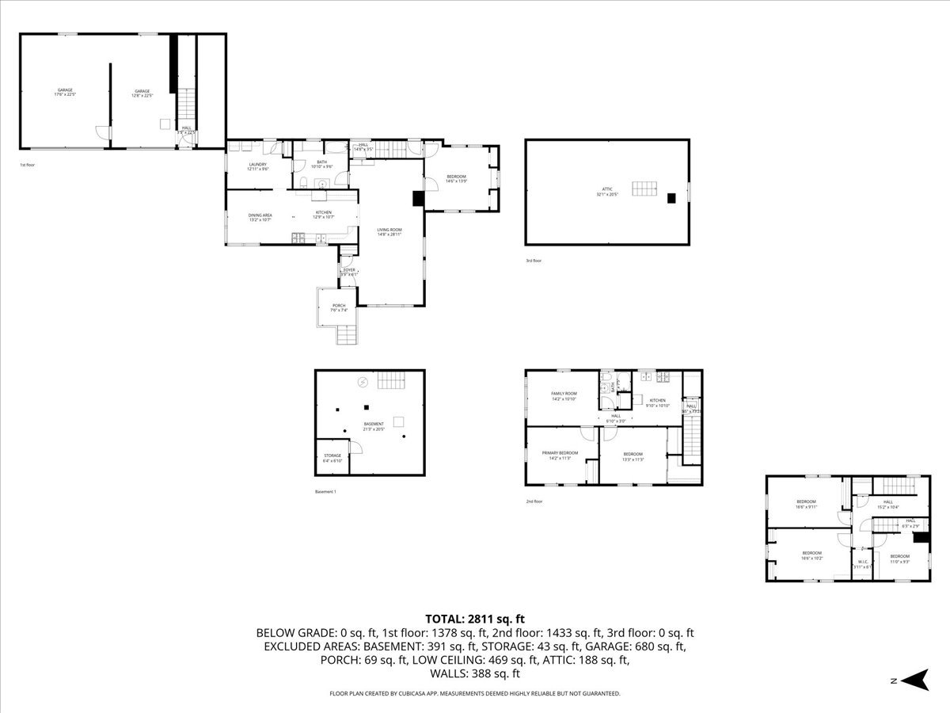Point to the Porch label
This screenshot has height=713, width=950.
(339, 307)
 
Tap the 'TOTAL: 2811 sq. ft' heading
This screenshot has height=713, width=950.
(475, 619)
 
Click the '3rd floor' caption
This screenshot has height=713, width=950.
(534, 261)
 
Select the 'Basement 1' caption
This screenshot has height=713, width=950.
(325, 492)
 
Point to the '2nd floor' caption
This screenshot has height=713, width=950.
(535, 501)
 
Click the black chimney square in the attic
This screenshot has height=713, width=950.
(671, 199)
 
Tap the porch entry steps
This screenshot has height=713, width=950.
(348, 335)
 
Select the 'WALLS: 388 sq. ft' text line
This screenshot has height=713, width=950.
(475, 674)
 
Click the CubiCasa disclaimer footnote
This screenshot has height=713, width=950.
(475, 693)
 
